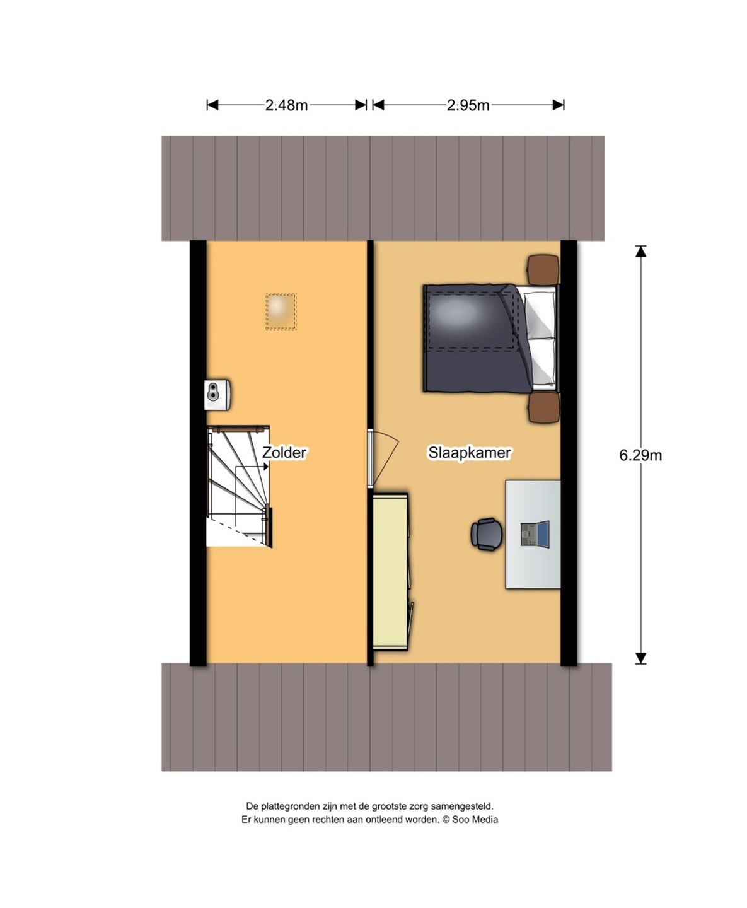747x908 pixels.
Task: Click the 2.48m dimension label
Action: click(286, 105)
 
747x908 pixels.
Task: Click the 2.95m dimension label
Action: click(468, 105)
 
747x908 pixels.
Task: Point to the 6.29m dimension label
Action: click(640, 455)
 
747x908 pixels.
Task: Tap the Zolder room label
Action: click(284, 453)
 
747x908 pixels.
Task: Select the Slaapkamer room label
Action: click(469, 453)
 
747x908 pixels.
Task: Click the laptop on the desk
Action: click(535, 534)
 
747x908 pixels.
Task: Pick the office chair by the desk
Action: click(487, 534)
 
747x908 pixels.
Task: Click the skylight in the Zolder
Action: click(281, 311)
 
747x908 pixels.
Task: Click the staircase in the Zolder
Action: click(239, 486)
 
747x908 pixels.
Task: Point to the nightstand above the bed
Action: click(543, 269)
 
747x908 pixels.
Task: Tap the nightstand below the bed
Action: click(544, 407)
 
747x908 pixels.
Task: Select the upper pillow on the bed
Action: click(540, 313)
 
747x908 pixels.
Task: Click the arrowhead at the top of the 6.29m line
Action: click(640, 251)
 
